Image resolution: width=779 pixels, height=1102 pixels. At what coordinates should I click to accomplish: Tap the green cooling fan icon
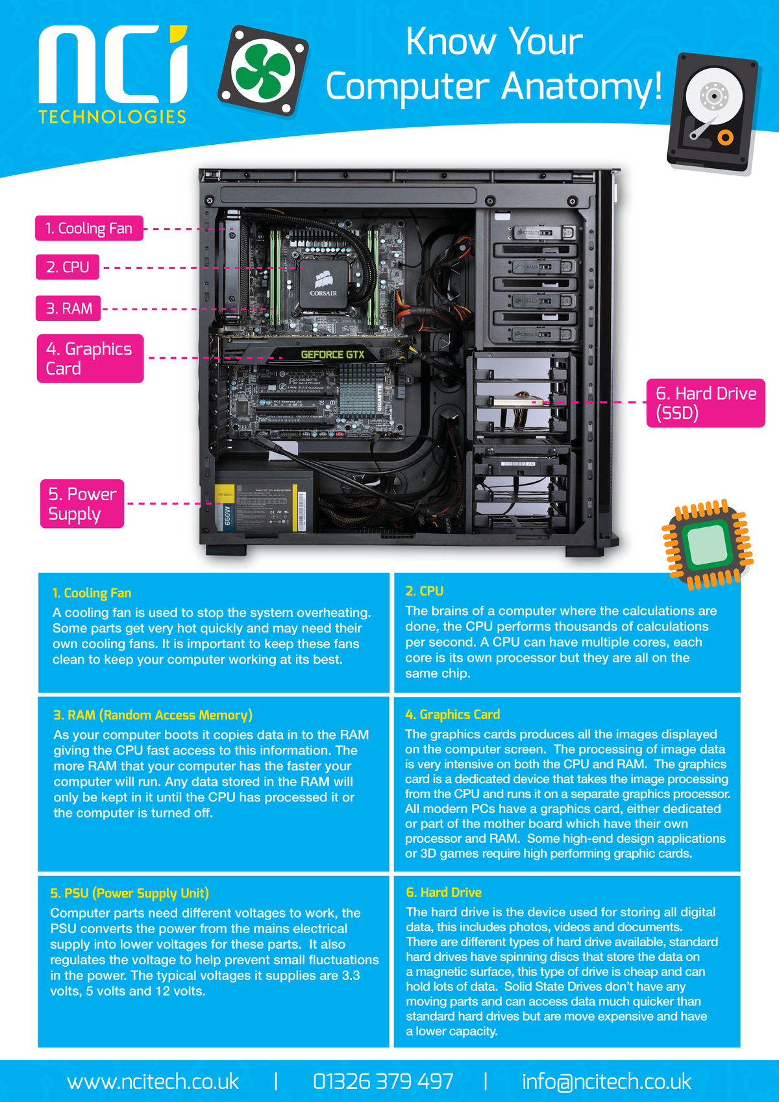coord(263,72)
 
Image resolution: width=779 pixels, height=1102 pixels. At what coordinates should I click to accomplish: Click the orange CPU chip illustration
coord(708,544)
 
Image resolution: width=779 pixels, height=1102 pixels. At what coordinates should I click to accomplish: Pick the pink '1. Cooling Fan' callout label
coord(89,229)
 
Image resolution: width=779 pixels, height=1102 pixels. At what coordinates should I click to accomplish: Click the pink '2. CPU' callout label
coord(68,267)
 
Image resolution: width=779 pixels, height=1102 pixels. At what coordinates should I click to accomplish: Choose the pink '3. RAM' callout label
coord(69,308)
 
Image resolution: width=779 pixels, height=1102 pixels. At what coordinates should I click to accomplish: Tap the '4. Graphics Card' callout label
coord(90,358)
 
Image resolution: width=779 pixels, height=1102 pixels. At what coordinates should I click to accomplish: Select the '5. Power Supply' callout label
coord(82,504)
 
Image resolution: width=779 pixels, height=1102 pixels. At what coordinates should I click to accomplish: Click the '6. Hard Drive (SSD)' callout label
coord(706,403)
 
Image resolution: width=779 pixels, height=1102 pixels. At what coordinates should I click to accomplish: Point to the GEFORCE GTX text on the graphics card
coord(332,355)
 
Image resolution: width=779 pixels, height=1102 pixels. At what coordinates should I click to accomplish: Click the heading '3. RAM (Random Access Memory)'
coord(153,715)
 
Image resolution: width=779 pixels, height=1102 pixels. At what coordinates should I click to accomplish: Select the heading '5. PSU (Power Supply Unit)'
coord(130,893)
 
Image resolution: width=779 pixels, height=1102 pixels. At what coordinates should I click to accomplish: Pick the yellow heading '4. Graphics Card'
coord(452,714)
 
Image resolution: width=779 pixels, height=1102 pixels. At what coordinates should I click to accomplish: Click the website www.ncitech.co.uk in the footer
coord(153,1081)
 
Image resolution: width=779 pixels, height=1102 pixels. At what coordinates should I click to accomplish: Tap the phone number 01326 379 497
coord(383,1081)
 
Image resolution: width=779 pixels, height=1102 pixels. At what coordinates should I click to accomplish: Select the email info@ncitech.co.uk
coord(606,1081)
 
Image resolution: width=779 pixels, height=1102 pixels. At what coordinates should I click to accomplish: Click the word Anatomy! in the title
coord(582,87)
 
